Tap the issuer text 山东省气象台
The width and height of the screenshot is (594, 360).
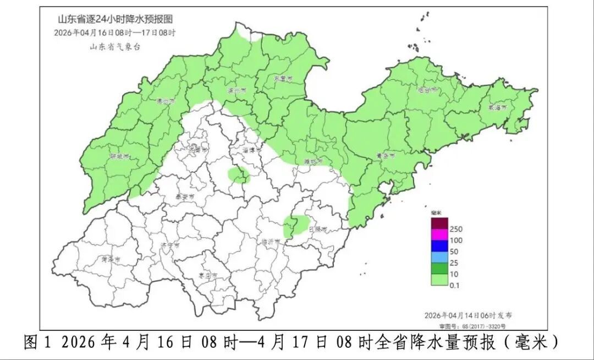pos(115,47)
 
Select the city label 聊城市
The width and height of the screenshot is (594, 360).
pos(119,156)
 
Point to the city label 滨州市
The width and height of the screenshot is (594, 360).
pos(237,90)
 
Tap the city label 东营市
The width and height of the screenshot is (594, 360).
pos(284,79)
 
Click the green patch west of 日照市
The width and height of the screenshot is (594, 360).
pos(296,225)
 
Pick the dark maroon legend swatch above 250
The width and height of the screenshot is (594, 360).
pos(439,223)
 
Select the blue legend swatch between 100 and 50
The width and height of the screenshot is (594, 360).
pos(439,245)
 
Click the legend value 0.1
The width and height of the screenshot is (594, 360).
pos(455,285)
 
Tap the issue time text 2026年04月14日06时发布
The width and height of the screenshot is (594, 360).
pos(468,315)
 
